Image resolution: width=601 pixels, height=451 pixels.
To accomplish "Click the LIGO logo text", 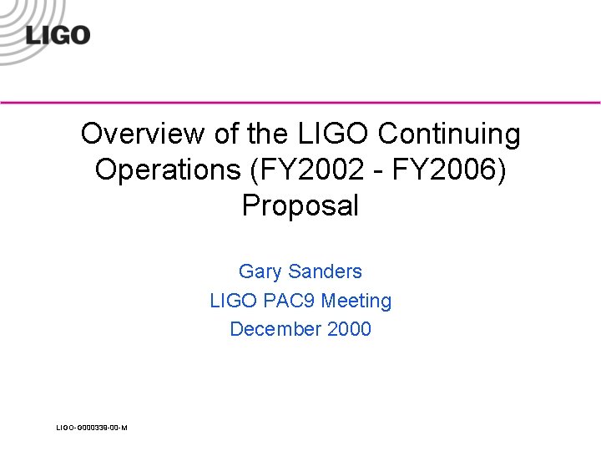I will coord(57,35).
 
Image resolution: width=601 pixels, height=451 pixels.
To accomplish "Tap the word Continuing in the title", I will coord(448,134).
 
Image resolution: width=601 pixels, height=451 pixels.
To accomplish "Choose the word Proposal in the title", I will coord(300,205).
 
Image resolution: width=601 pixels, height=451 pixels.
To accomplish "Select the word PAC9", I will coord(287,301).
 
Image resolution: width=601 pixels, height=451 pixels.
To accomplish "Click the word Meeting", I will coord(356,301).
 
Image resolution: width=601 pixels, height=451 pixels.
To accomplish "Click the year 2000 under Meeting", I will coord(349,329).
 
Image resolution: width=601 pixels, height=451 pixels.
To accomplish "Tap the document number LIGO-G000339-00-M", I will coord(92,428).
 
